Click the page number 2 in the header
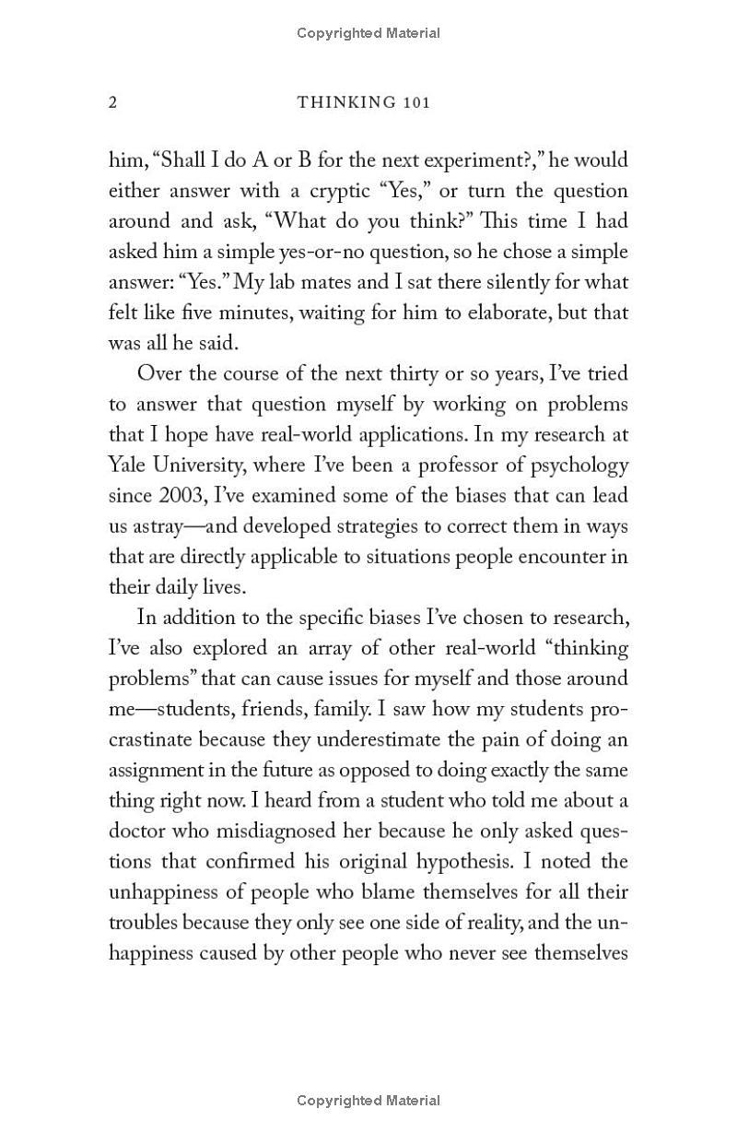point(113,102)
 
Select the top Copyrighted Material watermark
point(368,33)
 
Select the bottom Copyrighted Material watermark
point(368,1100)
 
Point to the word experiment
point(479,160)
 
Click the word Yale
point(129,465)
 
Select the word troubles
point(143,922)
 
